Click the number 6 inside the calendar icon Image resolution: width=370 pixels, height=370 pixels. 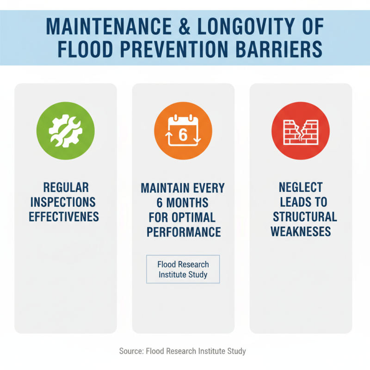click(x=183, y=135)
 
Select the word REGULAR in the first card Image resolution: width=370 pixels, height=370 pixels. click(x=66, y=187)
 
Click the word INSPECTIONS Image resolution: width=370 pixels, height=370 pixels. click(x=66, y=202)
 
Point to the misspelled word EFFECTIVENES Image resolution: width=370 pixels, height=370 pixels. click(x=64, y=217)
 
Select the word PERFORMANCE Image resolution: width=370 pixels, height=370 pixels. click(x=183, y=232)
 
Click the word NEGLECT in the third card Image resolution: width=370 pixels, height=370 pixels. click(x=301, y=187)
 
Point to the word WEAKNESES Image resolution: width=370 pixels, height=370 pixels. click(x=301, y=232)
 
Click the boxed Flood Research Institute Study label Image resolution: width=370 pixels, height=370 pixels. click(x=183, y=269)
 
